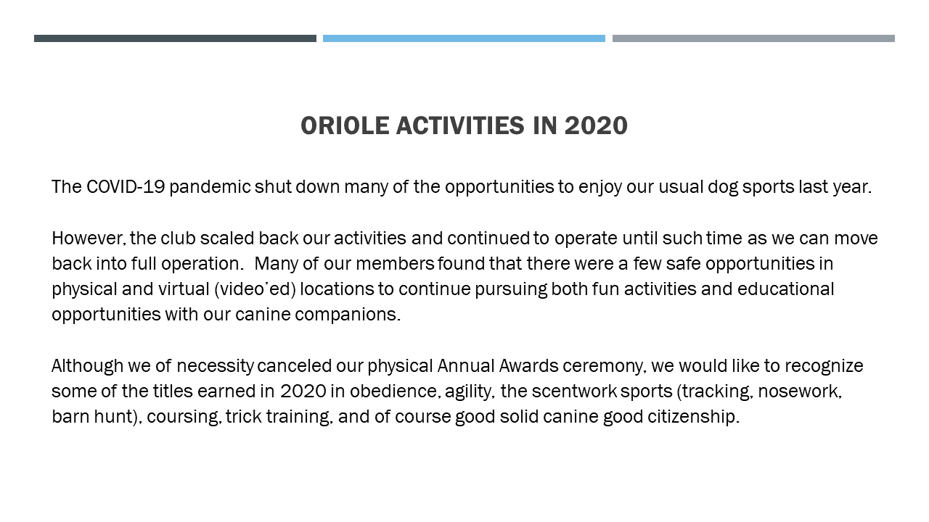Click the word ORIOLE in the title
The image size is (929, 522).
point(345,125)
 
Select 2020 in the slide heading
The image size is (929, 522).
point(596,125)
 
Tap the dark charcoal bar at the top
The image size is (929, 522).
point(175,38)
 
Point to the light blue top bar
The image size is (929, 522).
point(464,38)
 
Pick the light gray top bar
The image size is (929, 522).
point(753,38)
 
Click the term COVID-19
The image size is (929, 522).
point(126,187)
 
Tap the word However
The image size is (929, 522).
point(89,239)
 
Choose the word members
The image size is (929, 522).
point(395,264)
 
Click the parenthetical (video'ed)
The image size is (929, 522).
point(255,289)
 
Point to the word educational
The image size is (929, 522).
point(785,289)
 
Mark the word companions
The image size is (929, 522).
point(348,315)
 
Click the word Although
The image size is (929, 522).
point(88,367)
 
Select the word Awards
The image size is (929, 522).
point(529,366)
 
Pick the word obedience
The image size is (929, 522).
point(396,391)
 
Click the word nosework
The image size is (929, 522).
point(800,391)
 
